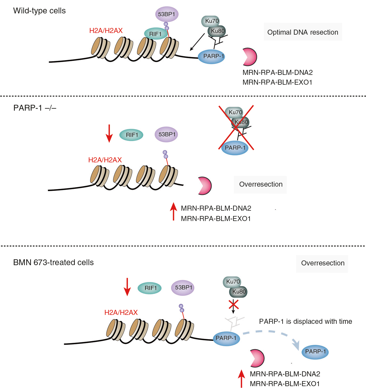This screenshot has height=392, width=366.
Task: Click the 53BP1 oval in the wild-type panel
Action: [167, 14]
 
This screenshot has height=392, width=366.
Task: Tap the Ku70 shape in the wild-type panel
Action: [210, 21]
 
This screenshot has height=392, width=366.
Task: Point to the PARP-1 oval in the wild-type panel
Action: [212, 56]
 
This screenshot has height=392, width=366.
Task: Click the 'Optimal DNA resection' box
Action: [303, 32]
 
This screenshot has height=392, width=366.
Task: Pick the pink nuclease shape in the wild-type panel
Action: [250, 57]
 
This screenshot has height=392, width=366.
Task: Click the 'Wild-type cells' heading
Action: [39, 11]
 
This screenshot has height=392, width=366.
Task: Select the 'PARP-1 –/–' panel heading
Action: [35, 108]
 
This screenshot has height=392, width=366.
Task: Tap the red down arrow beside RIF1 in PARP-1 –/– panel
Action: [109, 134]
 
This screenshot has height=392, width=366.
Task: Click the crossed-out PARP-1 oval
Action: [235, 148]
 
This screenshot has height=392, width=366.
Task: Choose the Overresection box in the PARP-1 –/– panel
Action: [260, 184]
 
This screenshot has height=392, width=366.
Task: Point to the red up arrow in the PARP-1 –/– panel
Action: [173, 211]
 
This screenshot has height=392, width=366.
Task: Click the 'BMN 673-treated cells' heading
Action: [53, 263]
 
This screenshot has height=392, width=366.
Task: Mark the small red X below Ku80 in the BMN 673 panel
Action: [234, 304]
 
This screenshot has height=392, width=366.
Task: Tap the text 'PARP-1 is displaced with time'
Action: [305, 321]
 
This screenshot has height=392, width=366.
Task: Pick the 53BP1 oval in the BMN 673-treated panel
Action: [183, 288]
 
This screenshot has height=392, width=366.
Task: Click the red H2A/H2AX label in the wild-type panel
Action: [106, 30]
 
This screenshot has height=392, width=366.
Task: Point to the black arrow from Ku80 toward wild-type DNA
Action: [197, 42]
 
